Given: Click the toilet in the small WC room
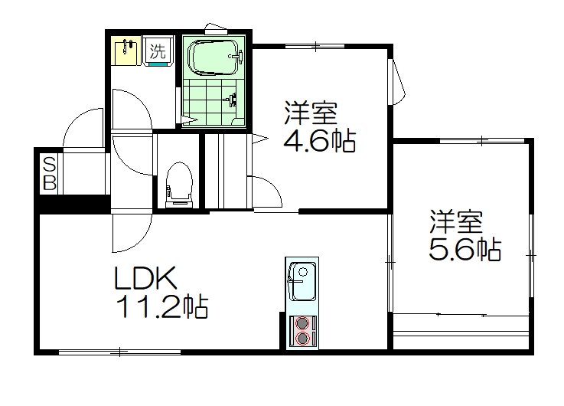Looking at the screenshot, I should pyautogui.click(x=178, y=182).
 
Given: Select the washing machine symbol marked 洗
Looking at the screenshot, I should pyautogui.click(x=158, y=53).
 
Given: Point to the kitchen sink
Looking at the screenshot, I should pyautogui.click(x=302, y=282).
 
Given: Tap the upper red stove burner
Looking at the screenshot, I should pyautogui.click(x=303, y=323).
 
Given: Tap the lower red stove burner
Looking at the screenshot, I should pyautogui.click(x=303, y=338).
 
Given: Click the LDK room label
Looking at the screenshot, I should pyautogui.click(x=146, y=278).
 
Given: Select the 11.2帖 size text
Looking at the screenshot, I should pyautogui.click(x=161, y=307).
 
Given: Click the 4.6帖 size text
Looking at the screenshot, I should pyautogui.click(x=321, y=141).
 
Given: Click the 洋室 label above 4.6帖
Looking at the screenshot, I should pyautogui.click(x=311, y=114).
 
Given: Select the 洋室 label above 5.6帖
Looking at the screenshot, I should pyautogui.click(x=455, y=222).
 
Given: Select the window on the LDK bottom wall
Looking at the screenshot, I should pyautogui.click(x=119, y=352).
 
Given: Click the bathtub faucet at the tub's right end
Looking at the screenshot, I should pyautogui.click(x=239, y=55).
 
